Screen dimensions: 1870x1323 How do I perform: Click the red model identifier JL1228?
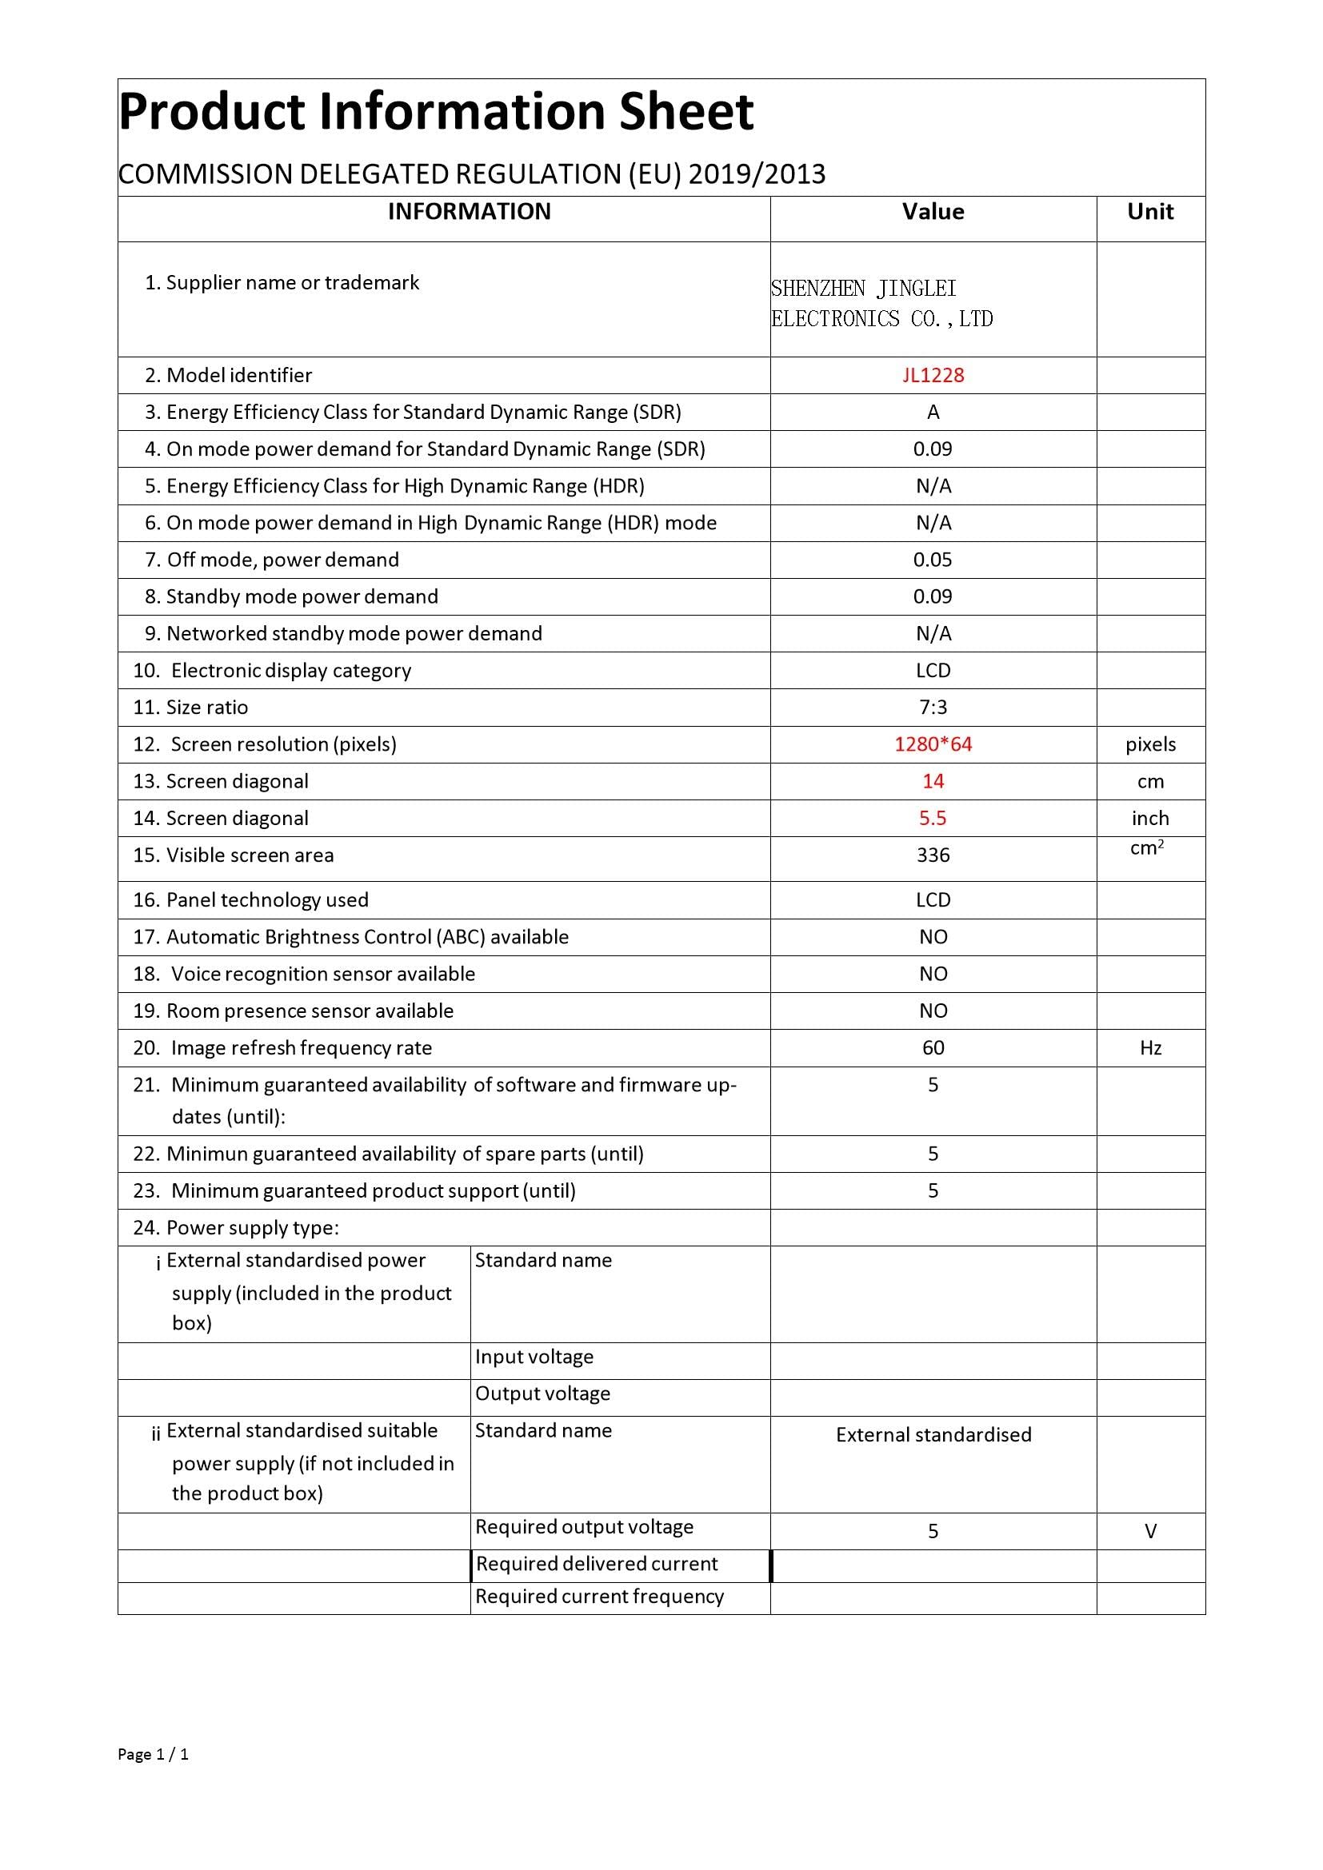click(x=933, y=376)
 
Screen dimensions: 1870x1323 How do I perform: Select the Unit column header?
click(x=1149, y=212)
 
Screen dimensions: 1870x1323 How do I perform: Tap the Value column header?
click(x=933, y=212)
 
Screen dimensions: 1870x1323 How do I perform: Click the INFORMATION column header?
click(x=470, y=212)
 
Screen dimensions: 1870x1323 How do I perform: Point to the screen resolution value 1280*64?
click(x=933, y=744)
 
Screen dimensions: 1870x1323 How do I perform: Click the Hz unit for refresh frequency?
click(x=1149, y=1048)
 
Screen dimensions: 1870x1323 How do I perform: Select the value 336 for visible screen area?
click(x=933, y=855)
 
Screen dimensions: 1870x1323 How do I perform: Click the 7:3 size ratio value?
click(x=933, y=708)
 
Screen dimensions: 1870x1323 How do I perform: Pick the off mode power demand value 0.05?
click(x=933, y=560)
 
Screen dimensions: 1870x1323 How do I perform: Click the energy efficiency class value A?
click(x=933, y=413)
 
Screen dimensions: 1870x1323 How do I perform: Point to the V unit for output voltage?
click(x=1150, y=1532)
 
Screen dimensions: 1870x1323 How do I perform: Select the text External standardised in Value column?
click(x=933, y=1435)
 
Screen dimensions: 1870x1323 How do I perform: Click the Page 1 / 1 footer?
click(x=153, y=1754)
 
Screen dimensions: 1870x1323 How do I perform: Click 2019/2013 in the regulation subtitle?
click(x=757, y=174)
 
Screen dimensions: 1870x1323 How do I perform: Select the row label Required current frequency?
click(x=600, y=1597)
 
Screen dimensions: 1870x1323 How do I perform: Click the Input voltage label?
click(x=534, y=1357)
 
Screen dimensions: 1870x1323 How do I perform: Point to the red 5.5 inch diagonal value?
click(x=933, y=819)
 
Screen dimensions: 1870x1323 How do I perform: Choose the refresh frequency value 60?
click(x=933, y=1048)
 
